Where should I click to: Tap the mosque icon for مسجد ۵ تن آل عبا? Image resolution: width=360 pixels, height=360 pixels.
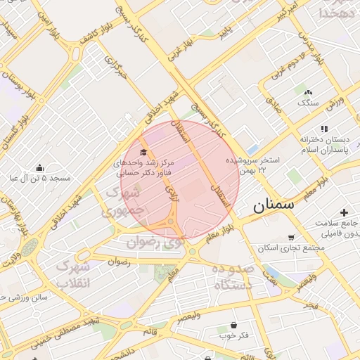click(x=40, y=167)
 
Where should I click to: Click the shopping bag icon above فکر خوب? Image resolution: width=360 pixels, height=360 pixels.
click(x=233, y=325)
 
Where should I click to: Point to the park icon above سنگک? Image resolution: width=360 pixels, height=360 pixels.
click(x=307, y=91)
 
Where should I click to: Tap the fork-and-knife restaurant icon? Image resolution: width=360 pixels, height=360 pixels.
click(x=324, y=129)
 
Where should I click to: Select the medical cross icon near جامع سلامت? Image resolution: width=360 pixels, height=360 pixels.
click(x=344, y=212)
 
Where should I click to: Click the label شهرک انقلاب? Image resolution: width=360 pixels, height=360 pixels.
click(x=72, y=276)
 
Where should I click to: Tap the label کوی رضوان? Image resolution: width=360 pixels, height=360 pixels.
click(x=156, y=243)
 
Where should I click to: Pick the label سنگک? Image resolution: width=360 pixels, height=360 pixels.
click(x=308, y=103)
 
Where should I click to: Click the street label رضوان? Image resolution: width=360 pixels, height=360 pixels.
click(x=119, y=262)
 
